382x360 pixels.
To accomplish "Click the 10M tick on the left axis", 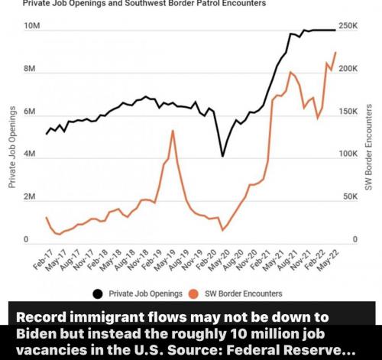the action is [x=32, y=26].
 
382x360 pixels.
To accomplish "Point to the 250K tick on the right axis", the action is [x=348, y=26].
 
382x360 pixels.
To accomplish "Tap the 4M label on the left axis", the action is [x=30, y=154].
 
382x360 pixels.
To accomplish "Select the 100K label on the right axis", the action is [x=348, y=154].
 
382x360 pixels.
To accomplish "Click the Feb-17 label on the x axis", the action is [x=44, y=259].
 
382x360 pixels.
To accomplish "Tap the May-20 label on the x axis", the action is [x=219, y=259].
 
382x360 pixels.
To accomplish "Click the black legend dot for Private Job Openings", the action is [x=98, y=294].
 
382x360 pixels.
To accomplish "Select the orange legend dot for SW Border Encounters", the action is [x=193, y=294].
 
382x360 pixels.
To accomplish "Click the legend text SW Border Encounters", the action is [x=244, y=294].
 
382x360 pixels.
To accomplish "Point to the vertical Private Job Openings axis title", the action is [x=11, y=148].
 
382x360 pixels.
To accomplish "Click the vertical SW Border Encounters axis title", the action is [x=369, y=148].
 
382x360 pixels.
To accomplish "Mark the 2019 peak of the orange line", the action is [x=173, y=131].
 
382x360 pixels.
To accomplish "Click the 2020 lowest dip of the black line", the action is [x=222, y=156].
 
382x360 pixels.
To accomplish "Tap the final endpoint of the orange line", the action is [x=336, y=52].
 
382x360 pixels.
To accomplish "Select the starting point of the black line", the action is [x=47, y=134].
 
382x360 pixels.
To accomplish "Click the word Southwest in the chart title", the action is [x=148, y=3].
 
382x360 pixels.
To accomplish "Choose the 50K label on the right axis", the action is [x=350, y=197].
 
